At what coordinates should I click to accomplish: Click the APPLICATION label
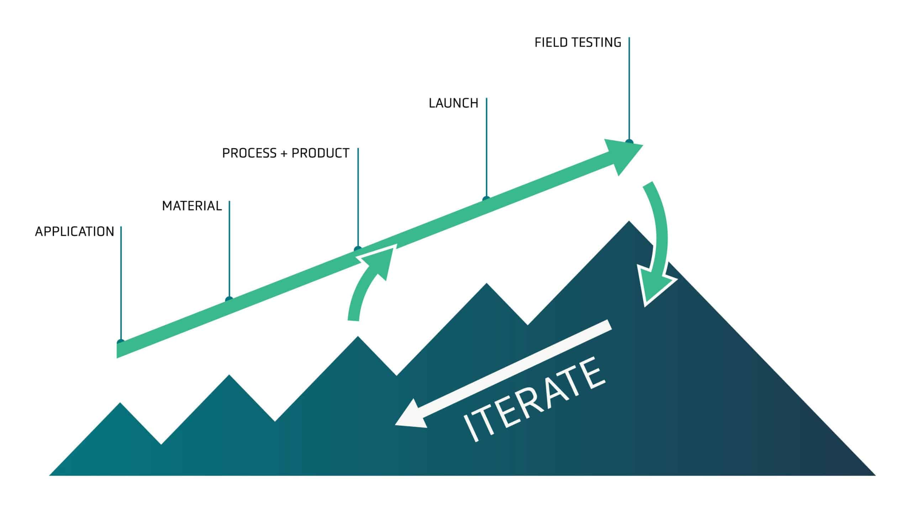click(x=74, y=232)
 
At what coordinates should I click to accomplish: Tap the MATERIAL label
click(x=192, y=206)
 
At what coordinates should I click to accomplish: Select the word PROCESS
click(x=249, y=153)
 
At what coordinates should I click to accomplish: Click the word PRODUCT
click(x=320, y=153)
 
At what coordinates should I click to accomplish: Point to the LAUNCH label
click(x=453, y=103)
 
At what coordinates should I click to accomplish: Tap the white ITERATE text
click(x=534, y=399)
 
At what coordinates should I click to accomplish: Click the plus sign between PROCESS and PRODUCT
click(x=284, y=154)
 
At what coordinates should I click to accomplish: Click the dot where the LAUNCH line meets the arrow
click(x=486, y=199)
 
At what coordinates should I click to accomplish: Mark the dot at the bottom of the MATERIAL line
click(x=229, y=299)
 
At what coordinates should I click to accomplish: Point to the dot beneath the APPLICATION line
click(x=121, y=342)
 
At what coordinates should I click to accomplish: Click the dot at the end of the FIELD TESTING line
click(x=629, y=142)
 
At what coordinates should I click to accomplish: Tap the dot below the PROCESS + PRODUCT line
click(x=358, y=249)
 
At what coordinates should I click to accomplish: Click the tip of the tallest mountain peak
click(x=629, y=221)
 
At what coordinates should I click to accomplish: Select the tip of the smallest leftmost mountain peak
click(x=120, y=403)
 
